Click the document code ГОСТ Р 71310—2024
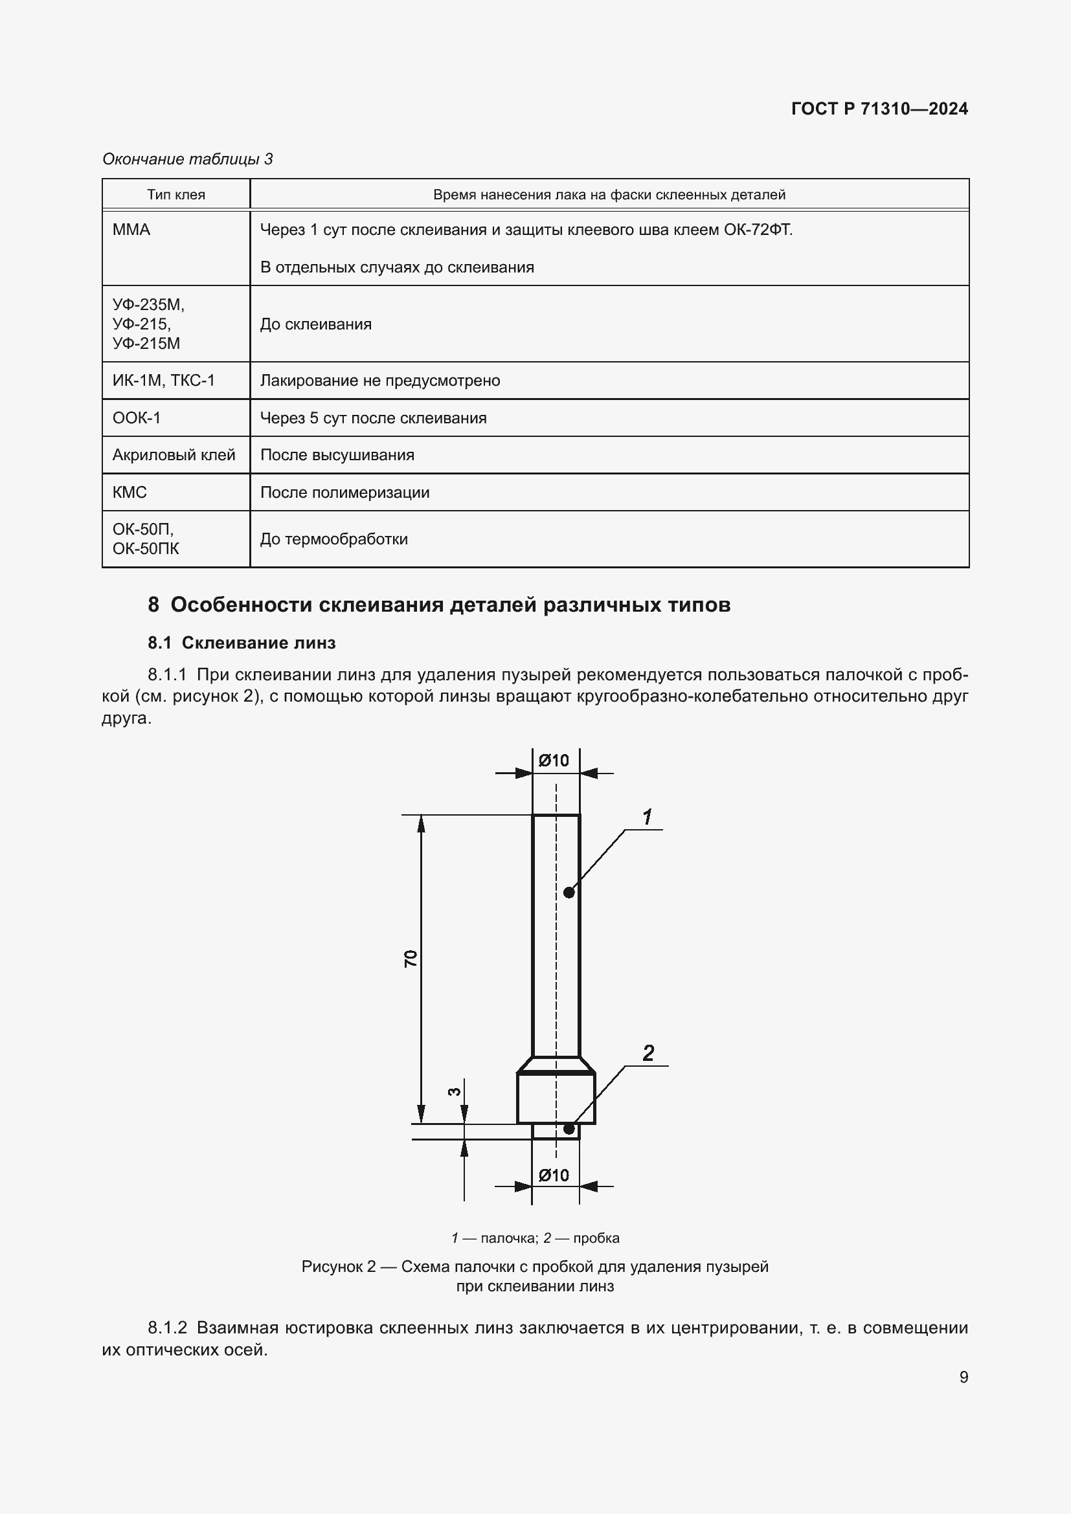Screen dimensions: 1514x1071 [x=879, y=109]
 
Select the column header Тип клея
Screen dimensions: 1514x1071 [x=175, y=195]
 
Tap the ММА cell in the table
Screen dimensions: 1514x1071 [x=131, y=230]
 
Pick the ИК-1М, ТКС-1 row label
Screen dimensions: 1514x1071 [x=164, y=381]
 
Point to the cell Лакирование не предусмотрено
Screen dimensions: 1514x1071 [x=380, y=381]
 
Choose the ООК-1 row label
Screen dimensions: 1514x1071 [x=137, y=417]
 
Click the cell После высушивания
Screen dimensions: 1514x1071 [x=337, y=455]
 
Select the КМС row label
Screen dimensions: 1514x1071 [x=130, y=492]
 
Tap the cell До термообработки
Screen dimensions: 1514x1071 [x=333, y=539]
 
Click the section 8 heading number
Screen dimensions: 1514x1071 [x=153, y=605]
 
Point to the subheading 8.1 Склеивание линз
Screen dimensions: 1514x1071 [x=242, y=643]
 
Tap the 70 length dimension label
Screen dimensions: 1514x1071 [x=410, y=958]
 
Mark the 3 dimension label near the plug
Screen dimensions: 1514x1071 [x=454, y=1092]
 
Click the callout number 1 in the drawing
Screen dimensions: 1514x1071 [x=648, y=817]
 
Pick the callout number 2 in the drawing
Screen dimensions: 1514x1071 [x=648, y=1053]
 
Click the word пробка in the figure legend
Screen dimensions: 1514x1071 [x=596, y=1238]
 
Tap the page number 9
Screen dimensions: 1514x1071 [x=964, y=1377]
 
